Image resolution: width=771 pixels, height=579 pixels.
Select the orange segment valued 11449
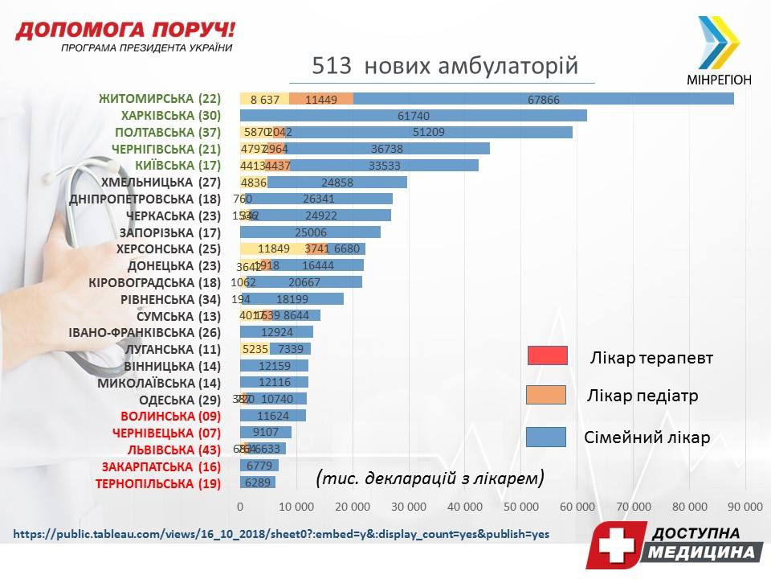[321, 99]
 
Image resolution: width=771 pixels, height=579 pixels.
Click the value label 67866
[544, 100]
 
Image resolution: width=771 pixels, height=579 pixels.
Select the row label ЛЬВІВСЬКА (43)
[162, 450]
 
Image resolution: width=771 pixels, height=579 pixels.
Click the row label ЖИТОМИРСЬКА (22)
[159, 99]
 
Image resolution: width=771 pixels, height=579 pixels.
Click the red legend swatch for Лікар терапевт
[548, 355]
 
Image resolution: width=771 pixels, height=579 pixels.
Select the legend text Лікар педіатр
[642, 396]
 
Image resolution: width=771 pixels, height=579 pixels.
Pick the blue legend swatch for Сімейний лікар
[548, 437]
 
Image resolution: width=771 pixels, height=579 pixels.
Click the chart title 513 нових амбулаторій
[444, 65]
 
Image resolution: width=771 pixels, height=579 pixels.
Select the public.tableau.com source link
[281, 533]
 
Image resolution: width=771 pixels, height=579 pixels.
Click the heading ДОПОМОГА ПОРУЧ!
[125, 31]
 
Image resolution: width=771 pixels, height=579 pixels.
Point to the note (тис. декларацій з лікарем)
[430, 478]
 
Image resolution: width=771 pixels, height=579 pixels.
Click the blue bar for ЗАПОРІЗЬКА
[310, 232]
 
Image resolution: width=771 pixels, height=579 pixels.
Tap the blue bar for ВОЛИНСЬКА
[273, 416]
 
